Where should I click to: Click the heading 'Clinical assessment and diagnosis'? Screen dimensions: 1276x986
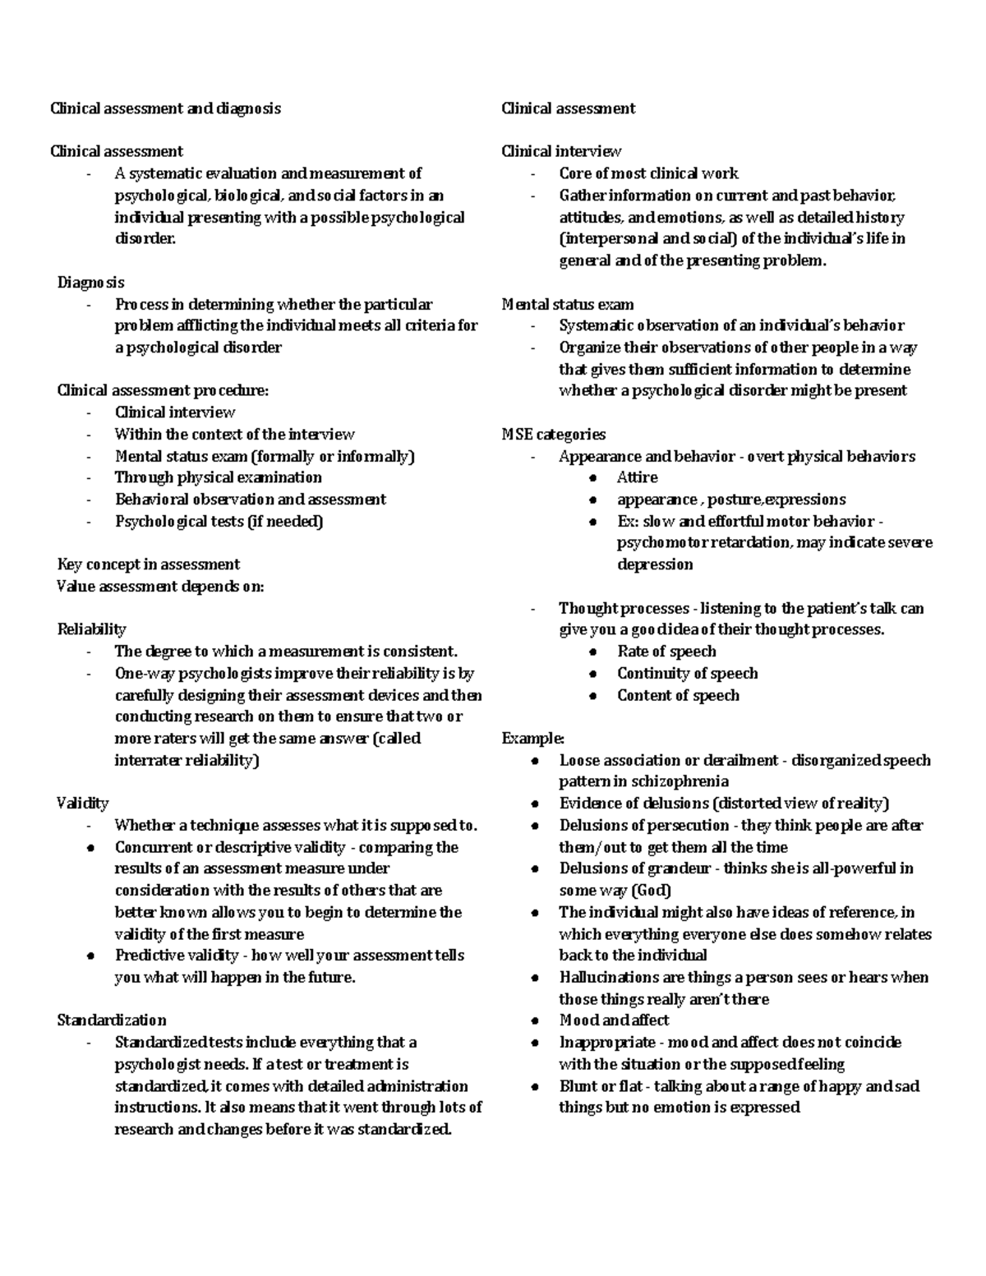coord(165,108)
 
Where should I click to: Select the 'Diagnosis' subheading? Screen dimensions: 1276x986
coord(90,283)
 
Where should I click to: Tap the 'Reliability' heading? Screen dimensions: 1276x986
coord(91,629)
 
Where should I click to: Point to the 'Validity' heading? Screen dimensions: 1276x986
coord(82,803)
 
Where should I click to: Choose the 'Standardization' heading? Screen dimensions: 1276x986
coord(112,1020)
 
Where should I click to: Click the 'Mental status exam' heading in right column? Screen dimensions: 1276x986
coord(568,304)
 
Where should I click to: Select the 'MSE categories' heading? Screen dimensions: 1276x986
coord(553,435)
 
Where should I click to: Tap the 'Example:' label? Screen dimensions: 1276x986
coord(532,738)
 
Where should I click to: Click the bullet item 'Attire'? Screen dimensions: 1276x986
coord(637,477)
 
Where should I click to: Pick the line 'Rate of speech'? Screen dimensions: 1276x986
coord(666,652)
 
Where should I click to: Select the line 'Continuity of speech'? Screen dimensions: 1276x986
coord(687,673)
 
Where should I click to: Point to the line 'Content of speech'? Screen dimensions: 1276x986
coord(678,695)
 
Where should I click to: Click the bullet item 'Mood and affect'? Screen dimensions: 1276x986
coord(614,1020)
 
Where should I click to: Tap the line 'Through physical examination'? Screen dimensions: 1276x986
coord(218,477)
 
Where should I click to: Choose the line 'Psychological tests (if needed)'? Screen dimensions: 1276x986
coord(219,521)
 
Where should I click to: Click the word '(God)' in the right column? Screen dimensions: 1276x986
coord(651,890)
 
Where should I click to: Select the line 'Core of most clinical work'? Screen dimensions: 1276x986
coord(648,173)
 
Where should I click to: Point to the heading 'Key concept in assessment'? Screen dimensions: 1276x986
coord(148,564)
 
